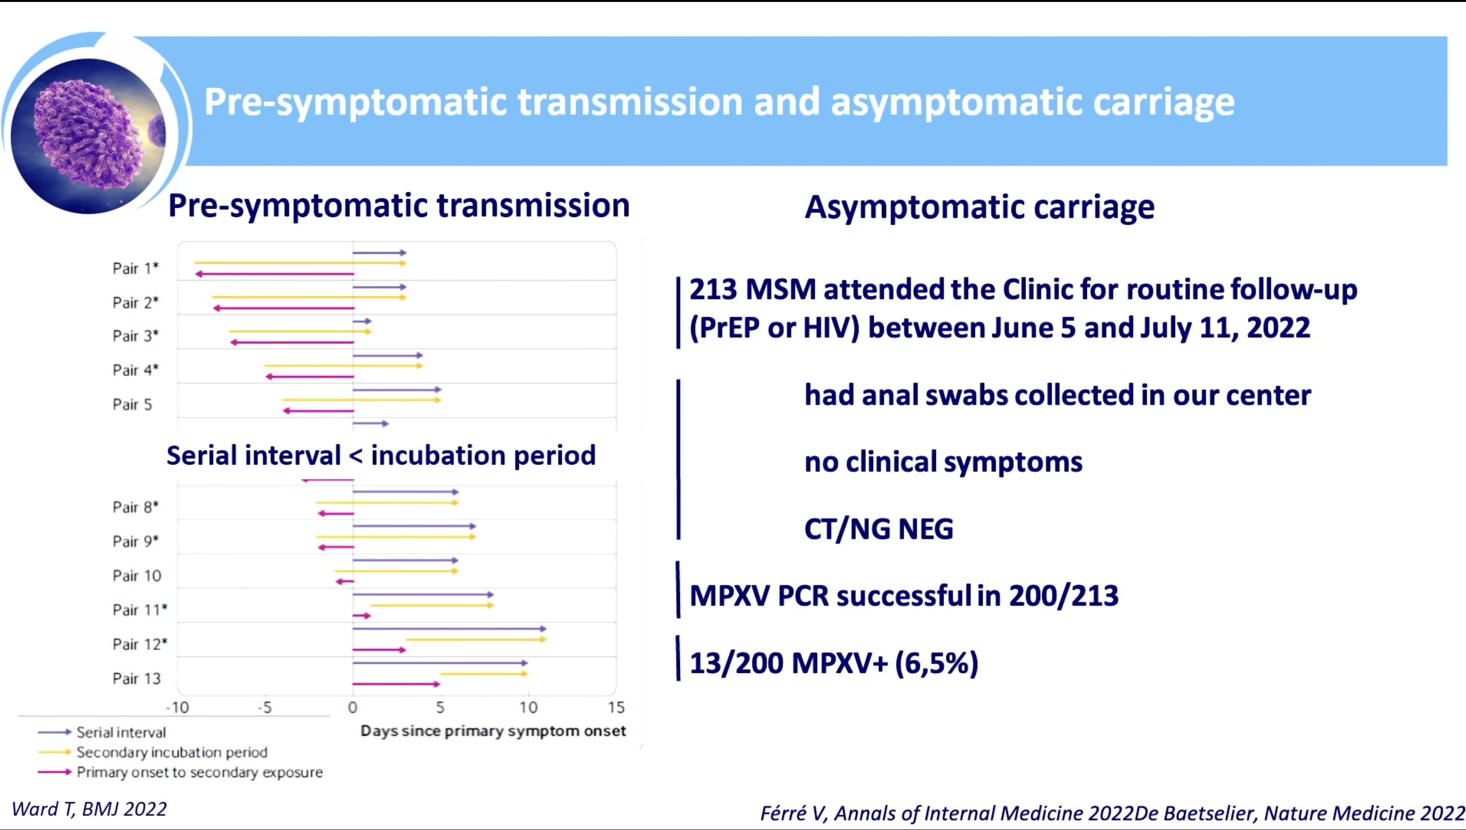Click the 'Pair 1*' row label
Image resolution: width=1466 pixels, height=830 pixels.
pos(135,268)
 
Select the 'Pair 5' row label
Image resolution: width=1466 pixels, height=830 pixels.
pos(132,404)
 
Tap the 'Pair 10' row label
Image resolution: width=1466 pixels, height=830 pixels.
pos(137,575)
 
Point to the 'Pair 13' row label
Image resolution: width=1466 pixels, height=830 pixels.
pos(137,678)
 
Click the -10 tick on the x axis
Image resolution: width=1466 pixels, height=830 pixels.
pos(177,707)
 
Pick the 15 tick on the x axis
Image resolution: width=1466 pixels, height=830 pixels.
pos(616,707)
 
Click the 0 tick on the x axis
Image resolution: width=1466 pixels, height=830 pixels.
pos(352,707)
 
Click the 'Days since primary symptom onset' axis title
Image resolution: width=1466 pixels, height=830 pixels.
pos(493,731)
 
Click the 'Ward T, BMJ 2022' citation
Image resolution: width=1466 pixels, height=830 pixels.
pos(89,809)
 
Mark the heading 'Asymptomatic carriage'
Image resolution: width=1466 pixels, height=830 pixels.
pos(980,207)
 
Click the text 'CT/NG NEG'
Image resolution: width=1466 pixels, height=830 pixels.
pos(879,528)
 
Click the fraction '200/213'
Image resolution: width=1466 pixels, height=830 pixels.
pos(1063,595)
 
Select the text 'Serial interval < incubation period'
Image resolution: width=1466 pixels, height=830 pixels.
pos(381,455)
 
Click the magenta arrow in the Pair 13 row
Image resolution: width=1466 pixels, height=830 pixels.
pos(396,684)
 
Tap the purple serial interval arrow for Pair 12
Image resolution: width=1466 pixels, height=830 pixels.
pos(449,629)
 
